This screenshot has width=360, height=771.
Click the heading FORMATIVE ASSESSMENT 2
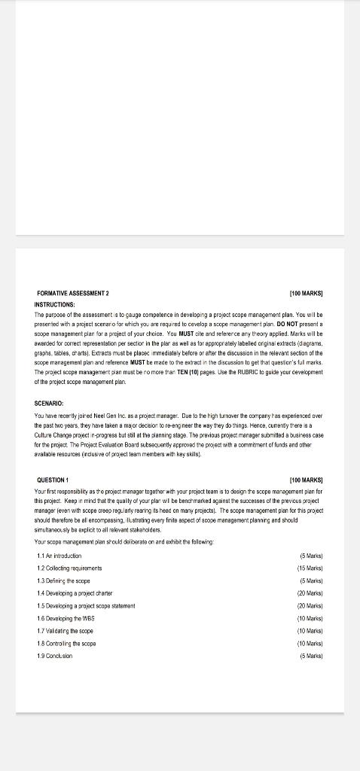click(72, 292)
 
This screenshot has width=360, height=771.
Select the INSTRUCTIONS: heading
click(60, 304)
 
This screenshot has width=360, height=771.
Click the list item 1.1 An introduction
click(59, 535)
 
